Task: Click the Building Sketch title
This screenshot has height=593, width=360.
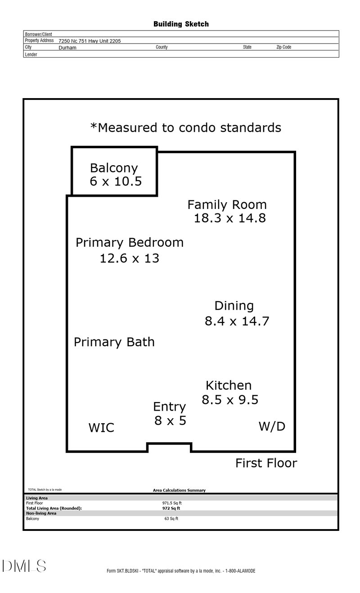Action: pos(181,24)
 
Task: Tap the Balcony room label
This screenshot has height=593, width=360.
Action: pos(114,168)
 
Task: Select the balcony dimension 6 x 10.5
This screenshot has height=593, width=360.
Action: pos(116,181)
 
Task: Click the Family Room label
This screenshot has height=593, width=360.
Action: pos(227,205)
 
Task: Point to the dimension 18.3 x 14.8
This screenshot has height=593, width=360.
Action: pos(229,218)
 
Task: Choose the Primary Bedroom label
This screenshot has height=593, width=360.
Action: pos(130,243)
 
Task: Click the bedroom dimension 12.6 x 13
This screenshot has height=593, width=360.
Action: pos(129,258)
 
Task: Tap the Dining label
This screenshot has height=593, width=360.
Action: pos(234,306)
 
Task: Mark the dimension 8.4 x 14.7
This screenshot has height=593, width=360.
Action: pos(237,321)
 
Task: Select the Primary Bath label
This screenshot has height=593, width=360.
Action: pos(114,342)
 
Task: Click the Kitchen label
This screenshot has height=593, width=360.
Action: pos(229,385)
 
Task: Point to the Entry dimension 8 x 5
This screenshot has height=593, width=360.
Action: pos(171,421)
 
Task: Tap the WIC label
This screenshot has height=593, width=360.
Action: pos(101,428)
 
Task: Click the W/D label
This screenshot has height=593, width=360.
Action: pos(272,426)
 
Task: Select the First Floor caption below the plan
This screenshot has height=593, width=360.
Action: pos(266,463)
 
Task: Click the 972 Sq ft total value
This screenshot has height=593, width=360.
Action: pos(171,508)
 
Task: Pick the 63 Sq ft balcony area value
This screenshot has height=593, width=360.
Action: pos(171,519)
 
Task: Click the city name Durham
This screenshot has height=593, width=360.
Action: pos(67,48)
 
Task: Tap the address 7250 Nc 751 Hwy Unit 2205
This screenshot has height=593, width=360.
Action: pos(90,41)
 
